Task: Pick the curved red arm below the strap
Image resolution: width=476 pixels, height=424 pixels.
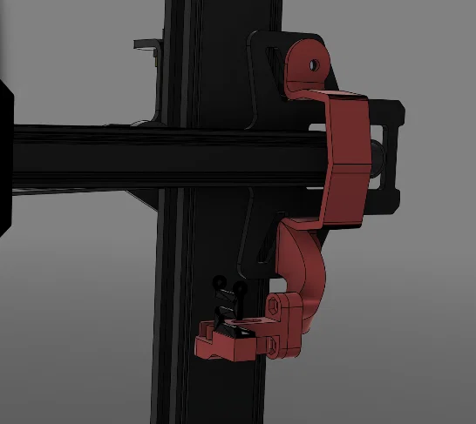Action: point(305,261)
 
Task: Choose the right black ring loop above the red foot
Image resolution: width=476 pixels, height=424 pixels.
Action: point(234,290)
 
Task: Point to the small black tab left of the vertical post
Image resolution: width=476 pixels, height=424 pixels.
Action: point(146,43)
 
